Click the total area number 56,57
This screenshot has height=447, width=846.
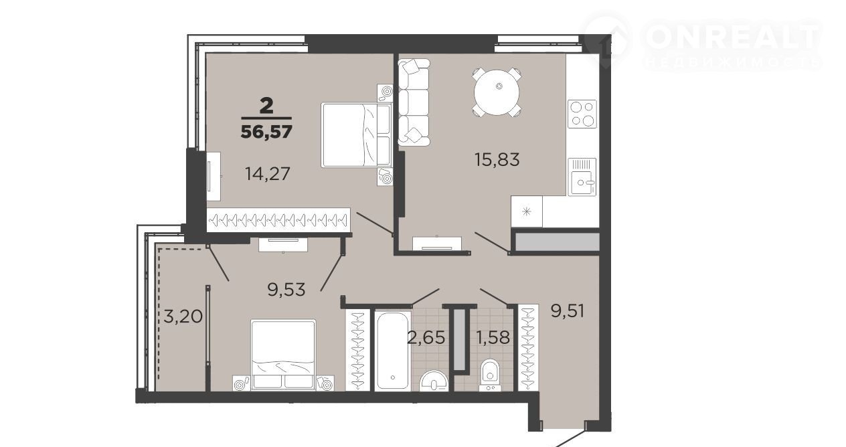coord(266,132)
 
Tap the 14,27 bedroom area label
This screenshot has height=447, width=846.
coord(268,174)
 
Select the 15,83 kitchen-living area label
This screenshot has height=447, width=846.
coord(497,159)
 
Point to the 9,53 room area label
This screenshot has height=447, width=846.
coord(286,290)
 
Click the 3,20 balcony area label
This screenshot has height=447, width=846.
coord(183,316)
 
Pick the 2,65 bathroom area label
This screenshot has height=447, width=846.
coord(426,337)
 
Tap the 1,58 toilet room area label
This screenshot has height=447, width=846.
coord(493,337)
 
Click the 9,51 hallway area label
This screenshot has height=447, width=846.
coord(568,311)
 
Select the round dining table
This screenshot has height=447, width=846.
coord(497,92)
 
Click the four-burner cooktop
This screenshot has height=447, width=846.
coord(582,114)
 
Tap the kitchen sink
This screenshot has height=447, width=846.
coord(582,177)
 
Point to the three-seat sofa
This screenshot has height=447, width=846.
coord(414,102)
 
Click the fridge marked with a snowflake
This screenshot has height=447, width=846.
coord(527,211)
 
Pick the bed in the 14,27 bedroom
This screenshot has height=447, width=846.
coord(357,135)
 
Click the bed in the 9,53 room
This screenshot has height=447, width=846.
coord(283,355)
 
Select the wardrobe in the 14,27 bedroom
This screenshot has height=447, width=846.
coord(278,219)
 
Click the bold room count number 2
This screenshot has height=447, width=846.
coord(266,106)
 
